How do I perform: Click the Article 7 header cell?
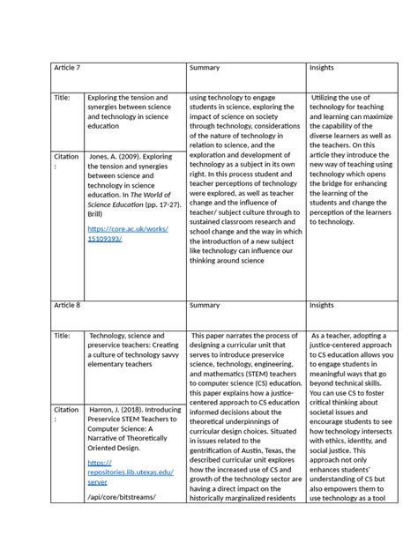69,68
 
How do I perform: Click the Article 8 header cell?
69,305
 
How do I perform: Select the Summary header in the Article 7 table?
204,68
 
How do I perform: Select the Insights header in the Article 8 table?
322,305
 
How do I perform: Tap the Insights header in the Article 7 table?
322,68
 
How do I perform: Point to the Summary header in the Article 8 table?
204,305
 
